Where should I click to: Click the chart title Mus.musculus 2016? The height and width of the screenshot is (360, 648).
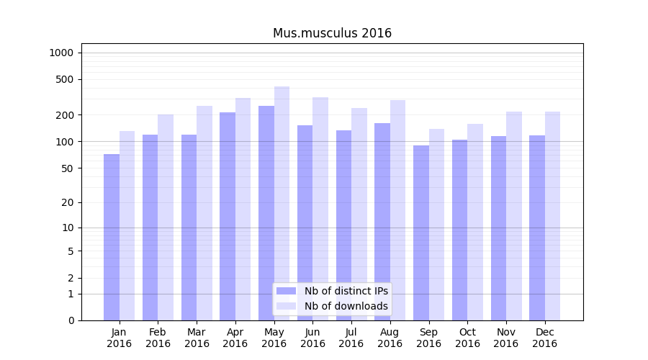(x=332, y=33)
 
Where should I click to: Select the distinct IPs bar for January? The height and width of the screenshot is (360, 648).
(x=112, y=237)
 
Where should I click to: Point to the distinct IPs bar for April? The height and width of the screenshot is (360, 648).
(x=228, y=216)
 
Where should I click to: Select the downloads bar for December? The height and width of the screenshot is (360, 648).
(x=552, y=216)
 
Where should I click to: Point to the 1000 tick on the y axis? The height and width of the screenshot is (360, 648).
(x=61, y=53)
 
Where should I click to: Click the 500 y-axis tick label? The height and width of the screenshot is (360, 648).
(x=65, y=79)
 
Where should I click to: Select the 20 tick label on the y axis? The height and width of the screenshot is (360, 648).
(x=68, y=202)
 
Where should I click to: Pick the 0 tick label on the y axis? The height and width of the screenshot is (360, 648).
(x=71, y=320)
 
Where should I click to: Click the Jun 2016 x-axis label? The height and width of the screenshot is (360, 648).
(x=312, y=338)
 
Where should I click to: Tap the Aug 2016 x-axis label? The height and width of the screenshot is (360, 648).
(x=390, y=338)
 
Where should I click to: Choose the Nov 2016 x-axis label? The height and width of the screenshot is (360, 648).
(x=506, y=338)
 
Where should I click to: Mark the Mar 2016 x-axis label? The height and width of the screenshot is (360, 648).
(x=197, y=338)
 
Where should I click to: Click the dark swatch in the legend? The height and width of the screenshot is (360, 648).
(x=286, y=291)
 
